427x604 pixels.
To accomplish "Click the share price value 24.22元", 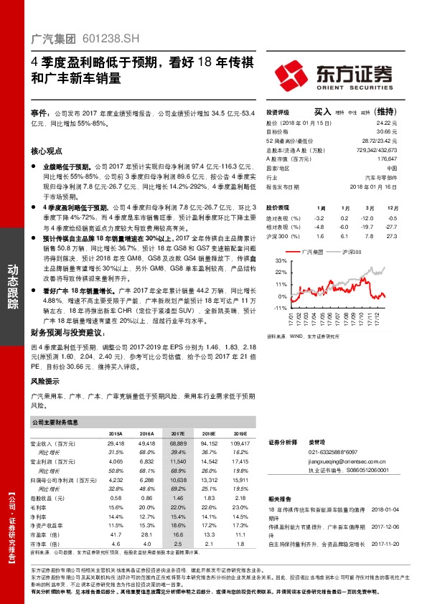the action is (386, 123).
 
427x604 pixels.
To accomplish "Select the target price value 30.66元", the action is (386, 132).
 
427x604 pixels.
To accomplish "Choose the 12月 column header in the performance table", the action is (392, 206).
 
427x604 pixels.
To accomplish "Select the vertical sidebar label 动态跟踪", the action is (12, 286).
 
